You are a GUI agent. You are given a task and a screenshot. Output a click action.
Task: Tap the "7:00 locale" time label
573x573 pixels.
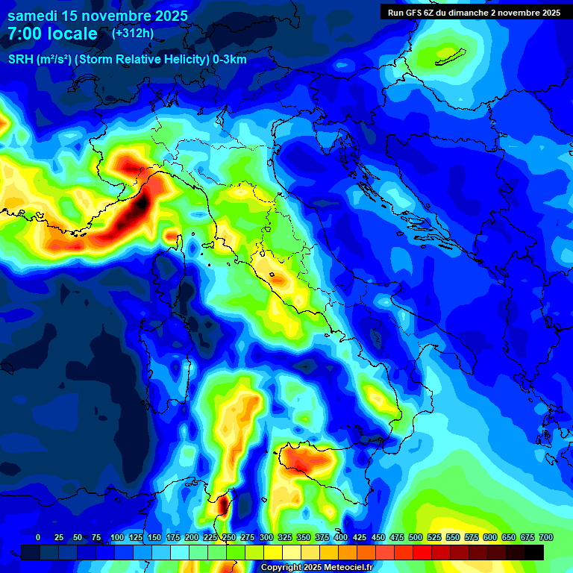click(53, 34)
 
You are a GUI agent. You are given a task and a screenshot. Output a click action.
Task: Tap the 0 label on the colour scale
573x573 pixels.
click(38, 537)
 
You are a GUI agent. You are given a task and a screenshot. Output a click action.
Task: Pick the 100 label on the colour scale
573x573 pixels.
click(116, 537)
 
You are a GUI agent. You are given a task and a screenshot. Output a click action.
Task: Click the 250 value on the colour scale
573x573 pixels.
click(229, 537)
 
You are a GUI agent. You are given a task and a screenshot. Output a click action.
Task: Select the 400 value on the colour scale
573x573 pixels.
click(341, 537)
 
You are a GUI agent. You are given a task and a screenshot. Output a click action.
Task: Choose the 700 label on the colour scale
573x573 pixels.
click(545, 537)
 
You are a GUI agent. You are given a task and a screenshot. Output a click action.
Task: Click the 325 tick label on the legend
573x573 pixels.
click(285, 537)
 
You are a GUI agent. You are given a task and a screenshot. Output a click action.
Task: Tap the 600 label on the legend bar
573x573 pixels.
click(490, 537)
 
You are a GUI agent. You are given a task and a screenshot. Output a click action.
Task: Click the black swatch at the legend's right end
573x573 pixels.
click(534, 552)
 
